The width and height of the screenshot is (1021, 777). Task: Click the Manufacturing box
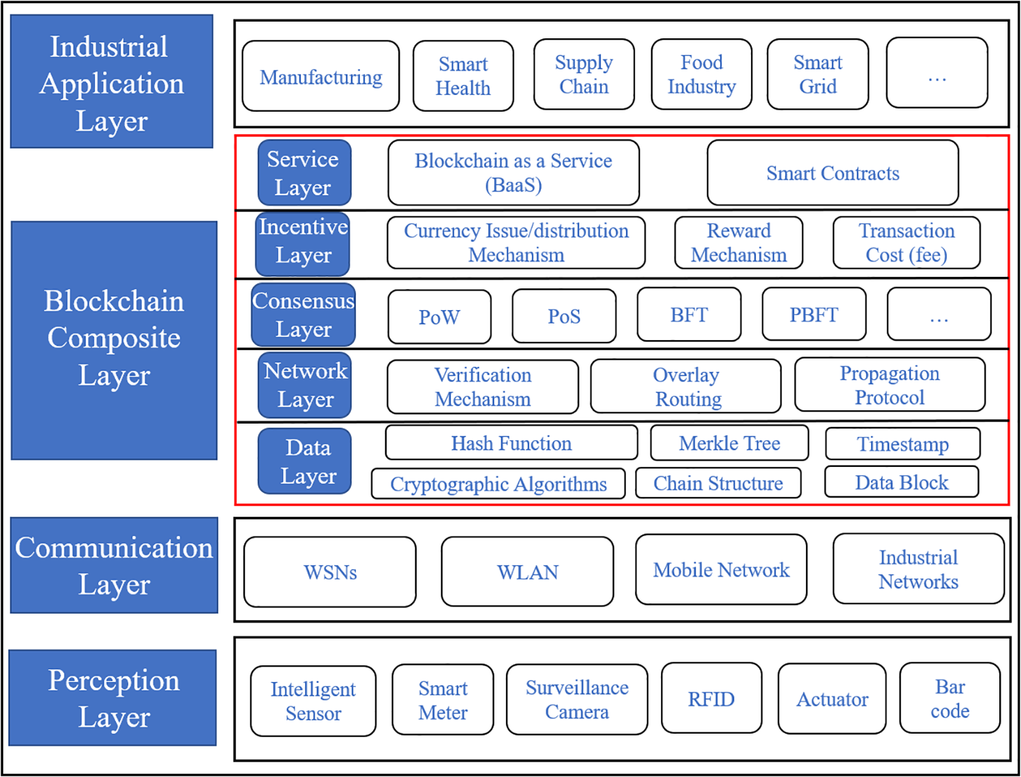321,76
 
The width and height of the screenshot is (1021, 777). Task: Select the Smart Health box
463,76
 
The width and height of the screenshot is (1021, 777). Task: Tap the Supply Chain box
584,74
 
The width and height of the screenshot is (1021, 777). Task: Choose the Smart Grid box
817,74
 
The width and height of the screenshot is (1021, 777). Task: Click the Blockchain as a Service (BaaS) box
514,172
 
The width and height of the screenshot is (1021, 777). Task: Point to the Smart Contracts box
833,173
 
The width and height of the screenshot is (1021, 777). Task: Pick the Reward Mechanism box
738,242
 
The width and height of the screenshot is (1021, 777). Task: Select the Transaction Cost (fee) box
906,242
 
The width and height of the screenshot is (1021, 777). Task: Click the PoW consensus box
439,316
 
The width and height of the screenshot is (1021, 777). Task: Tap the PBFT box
814,314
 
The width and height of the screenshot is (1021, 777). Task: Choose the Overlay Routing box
686,386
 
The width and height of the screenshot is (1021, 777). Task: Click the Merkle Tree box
729,443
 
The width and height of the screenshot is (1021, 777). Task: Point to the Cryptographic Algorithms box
498,484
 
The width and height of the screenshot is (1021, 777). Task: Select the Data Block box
901,482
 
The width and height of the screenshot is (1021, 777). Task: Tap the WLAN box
527,572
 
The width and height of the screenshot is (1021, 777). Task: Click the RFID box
711,698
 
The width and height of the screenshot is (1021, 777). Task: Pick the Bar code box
950,698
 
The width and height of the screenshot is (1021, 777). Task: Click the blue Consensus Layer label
303,314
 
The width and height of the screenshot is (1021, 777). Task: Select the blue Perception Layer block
113,697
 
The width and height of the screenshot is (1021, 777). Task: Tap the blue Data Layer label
305,461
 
